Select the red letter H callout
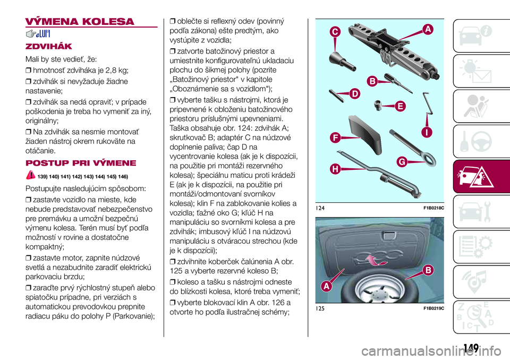336,169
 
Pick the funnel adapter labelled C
340,59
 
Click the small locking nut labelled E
379,104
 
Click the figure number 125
319,308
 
